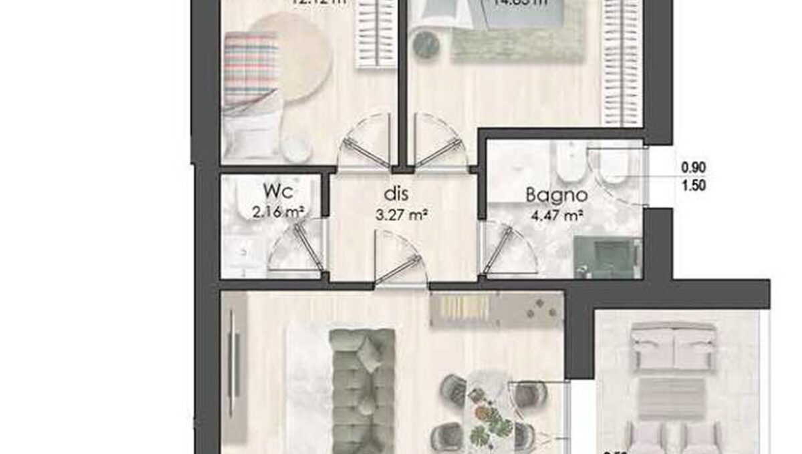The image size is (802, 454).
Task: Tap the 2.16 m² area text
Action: (x=279, y=214)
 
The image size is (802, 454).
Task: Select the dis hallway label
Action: (x=396, y=195)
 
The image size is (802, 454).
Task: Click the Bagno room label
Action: (x=556, y=196)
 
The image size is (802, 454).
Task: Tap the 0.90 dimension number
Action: (x=694, y=168)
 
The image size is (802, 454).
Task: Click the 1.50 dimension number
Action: (x=694, y=186)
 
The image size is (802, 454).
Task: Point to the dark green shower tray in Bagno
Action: (x=606, y=257)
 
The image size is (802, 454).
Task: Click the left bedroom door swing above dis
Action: (x=364, y=142)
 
